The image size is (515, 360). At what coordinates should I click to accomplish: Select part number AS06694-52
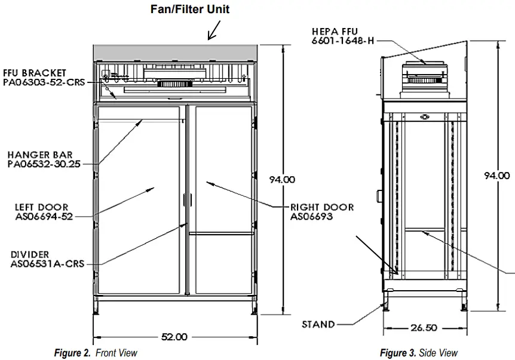coord(44,217)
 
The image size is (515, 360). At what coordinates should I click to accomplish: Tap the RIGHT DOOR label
coord(322,207)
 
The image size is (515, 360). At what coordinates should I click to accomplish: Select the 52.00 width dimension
coord(173,337)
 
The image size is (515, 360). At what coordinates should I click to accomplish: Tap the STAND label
coord(318,324)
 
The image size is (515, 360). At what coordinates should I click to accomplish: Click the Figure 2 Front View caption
coord(96,353)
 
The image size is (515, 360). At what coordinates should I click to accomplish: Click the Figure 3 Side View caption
coord(419,353)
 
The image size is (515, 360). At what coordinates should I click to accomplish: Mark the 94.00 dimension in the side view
coord(496,176)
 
